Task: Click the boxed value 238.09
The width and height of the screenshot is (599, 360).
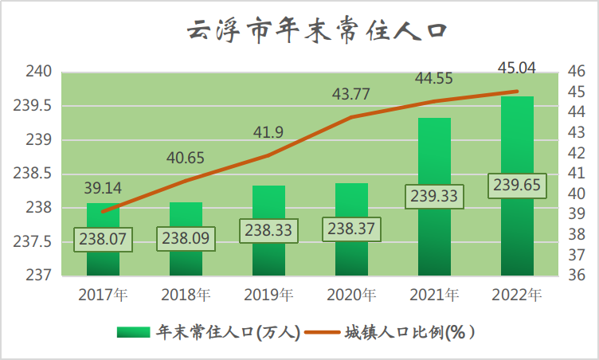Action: (186, 237)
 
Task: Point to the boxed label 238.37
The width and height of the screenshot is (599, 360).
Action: (351, 229)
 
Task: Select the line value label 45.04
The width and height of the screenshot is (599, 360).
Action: (516, 67)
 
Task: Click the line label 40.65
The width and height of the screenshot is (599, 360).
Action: (185, 158)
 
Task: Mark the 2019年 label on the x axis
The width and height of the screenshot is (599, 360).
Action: (268, 295)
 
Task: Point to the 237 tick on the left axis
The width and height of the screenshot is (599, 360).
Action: (40, 276)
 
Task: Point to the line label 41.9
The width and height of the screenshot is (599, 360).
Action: (268, 132)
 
